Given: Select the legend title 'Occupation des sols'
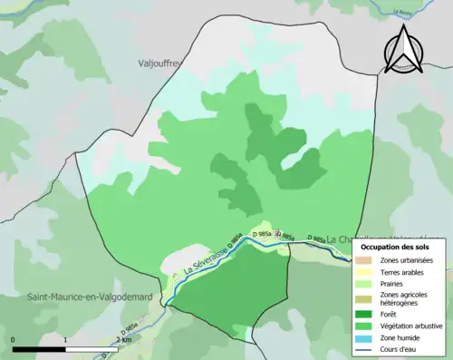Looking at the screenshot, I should click(400, 246).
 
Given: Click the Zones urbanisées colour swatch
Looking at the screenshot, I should click(363, 261).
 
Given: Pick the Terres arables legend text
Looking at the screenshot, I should click(404, 271).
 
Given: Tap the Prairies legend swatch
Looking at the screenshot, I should click(363, 283).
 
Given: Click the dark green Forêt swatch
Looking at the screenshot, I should click(363, 317).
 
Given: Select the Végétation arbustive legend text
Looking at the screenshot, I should click(411, 327).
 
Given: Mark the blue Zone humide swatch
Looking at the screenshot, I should click(363, 337).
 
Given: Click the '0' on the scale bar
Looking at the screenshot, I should click(14, 339).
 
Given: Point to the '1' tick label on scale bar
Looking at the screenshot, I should click(66, 339).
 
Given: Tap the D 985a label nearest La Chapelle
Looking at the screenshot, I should click(317, 238).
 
